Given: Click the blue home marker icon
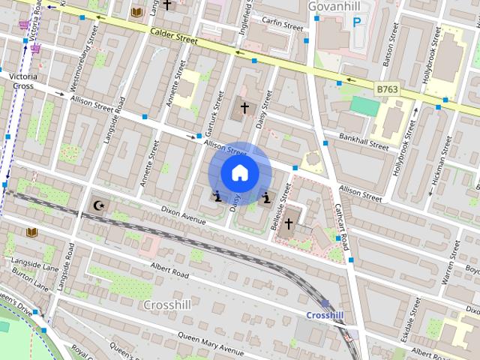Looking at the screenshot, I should click(x=239, y=173).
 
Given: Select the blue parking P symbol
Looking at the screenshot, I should click(x=357, y=23).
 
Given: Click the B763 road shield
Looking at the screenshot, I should click(x=386, y=89).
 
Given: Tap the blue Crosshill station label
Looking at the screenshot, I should click(x=325, y=315).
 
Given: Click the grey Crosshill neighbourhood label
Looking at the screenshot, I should click(x=166, y=305).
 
